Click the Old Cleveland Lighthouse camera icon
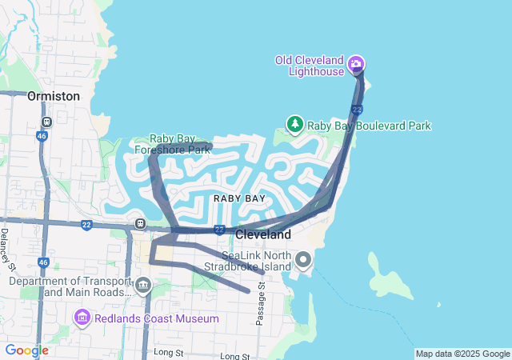[x=357, y=64]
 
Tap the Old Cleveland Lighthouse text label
[x=309, y=66]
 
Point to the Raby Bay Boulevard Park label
[x=369, y=126]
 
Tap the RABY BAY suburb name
[x=239, y=198]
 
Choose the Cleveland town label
[x=262, y=235]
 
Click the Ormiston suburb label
[x=54, y=96]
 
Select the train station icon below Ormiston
[x=47, y=122]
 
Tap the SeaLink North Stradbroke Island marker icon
[x=303, y=260]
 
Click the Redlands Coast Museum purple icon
[x=82, y=319]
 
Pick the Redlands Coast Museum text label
[x=157, y=319]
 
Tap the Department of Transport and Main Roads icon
[x=143, y=285]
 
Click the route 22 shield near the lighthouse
[x=357, y=109]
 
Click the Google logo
[x=26, y=350]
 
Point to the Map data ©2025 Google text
[x=462, y=354]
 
